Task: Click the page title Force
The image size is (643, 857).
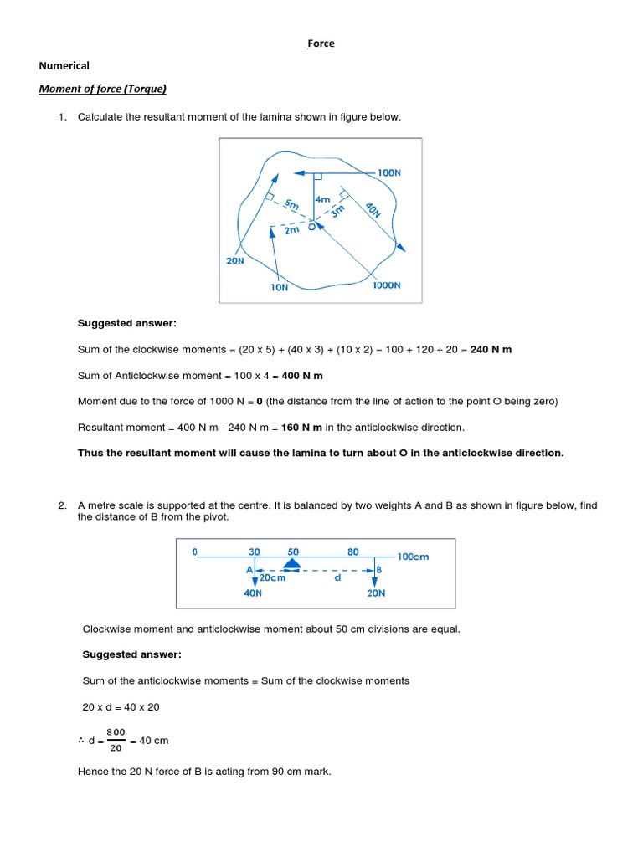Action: tap(321, 44)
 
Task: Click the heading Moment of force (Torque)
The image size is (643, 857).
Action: tap(108, 89)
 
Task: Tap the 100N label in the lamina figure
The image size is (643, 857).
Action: tap(388, 172)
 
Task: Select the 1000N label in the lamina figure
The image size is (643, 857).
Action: tap(387, 285)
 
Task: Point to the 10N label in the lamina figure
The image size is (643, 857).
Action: tap(279, 287)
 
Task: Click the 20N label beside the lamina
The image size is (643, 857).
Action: tap(235, 260)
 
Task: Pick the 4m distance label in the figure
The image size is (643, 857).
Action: tap(323, 200)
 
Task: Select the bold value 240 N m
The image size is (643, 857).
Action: tap(491, 350)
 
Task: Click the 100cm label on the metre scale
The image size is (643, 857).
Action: tap(414, 557)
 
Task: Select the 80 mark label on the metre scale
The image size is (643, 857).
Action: tap(353, 552)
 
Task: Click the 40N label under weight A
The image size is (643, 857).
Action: tap(253, 593)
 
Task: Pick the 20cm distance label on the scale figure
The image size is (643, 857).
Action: tap(271, 577)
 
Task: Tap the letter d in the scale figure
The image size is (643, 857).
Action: tap(338, 577)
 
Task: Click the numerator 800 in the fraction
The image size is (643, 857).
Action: tap(116, 731)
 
